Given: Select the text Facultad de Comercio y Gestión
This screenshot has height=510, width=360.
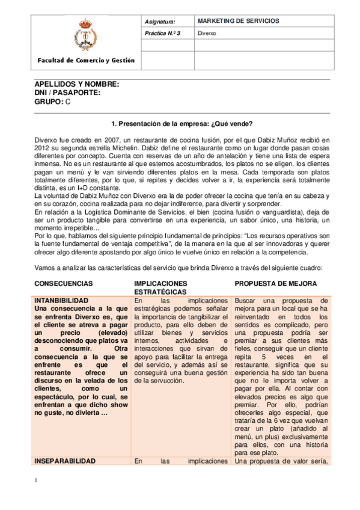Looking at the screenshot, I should [x=86, y=61].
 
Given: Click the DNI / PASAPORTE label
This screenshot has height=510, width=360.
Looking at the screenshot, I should [x=68, y=93].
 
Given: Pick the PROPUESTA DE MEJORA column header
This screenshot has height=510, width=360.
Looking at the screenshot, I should [x=276, y=283].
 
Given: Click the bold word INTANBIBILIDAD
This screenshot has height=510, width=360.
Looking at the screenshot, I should [x=70, y=300].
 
